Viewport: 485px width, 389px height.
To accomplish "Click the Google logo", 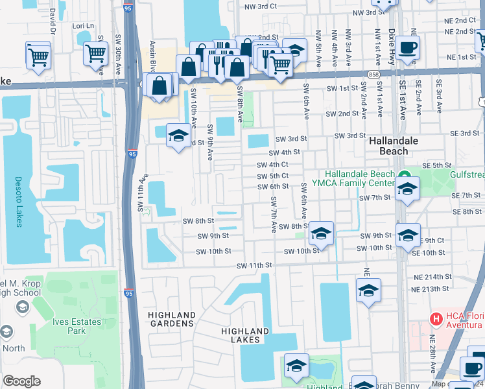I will point(21,381).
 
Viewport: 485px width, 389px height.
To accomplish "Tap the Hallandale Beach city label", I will point(394,146).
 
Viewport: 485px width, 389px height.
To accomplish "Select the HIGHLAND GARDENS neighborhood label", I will point(172,319).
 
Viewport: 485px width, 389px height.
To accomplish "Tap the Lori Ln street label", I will point(84,26).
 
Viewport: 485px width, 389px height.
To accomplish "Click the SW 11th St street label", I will point(254,266).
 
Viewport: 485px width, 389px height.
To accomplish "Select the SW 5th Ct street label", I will point(272,176).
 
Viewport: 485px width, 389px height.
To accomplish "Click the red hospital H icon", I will point(436,320).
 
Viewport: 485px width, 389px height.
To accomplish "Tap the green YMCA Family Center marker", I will point(403,174).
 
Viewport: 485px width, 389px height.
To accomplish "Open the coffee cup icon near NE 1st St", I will point(408,47).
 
